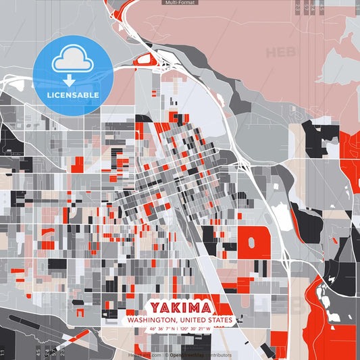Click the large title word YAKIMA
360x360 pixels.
180,307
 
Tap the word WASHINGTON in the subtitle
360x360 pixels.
149,320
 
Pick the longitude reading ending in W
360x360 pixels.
195,329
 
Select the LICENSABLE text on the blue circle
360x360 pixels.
72,95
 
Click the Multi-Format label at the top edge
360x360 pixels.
180,3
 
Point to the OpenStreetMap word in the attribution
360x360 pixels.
188,355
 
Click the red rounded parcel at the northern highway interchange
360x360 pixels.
144,60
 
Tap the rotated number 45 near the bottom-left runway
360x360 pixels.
38,351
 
